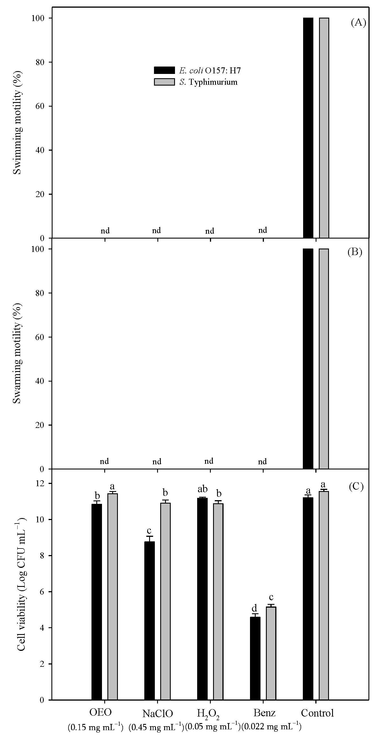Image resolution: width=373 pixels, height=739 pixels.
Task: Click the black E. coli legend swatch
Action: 164,70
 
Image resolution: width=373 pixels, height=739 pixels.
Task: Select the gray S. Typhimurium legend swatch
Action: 164,82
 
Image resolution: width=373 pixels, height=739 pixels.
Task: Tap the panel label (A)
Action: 359,23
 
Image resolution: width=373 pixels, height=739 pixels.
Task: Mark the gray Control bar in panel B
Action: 324,359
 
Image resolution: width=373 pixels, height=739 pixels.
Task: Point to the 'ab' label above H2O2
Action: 203,488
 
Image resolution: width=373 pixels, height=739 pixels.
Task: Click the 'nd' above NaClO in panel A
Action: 157,230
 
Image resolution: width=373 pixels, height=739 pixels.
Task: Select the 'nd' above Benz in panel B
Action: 262,461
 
